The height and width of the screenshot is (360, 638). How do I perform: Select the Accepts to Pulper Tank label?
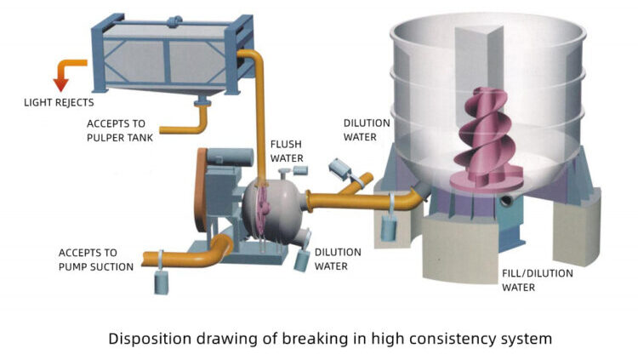point(120,129)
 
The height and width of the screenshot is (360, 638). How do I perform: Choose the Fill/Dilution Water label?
point(537,280)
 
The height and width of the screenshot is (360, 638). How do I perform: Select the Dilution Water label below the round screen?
point(338,259)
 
